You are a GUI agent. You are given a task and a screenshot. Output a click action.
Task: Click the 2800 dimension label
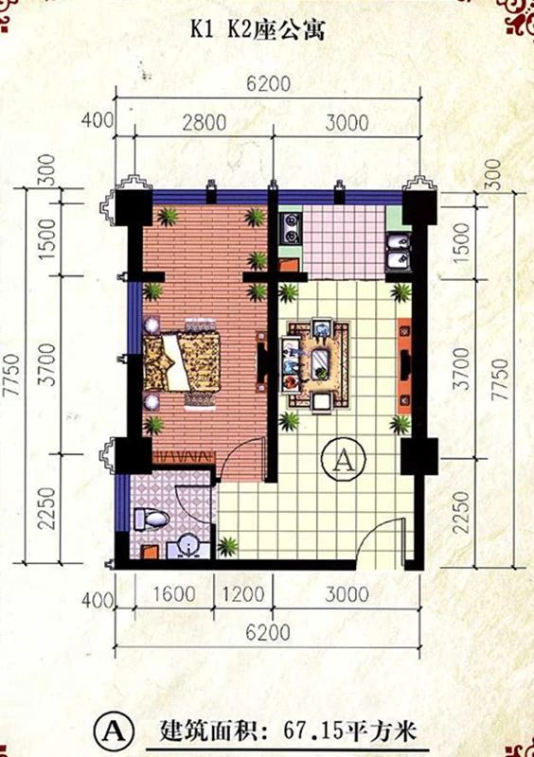pos(204,123)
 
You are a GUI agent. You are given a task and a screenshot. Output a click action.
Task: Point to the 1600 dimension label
pos(174,593)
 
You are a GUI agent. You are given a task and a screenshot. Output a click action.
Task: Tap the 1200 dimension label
pos(243,593)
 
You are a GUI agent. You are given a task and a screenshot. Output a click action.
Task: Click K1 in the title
pos(204,29)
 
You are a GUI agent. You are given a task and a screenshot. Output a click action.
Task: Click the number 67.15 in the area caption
pos(311,731)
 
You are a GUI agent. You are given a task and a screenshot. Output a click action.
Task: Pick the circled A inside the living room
pos(344,461)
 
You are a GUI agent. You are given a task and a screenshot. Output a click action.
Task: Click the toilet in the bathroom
pos(151,519)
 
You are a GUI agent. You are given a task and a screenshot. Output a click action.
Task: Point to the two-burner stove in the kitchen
pos(291,228)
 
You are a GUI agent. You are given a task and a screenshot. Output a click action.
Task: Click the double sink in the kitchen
pos(399,251)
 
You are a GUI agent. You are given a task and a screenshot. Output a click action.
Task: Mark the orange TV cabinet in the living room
pos(404,366)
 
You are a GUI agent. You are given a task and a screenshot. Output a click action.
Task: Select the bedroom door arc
pos(241,458)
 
